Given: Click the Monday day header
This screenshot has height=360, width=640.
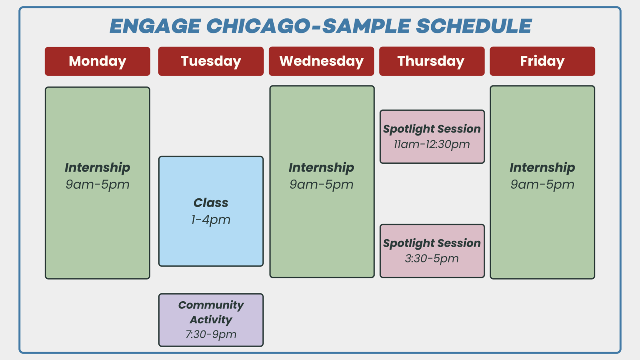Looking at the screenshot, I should [x=97, y=61].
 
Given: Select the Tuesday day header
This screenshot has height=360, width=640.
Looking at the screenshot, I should [x=211, y=61].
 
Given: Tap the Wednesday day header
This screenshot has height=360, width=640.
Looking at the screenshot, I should [x=321, y=61].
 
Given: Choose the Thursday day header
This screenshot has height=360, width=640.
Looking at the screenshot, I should [x=431, y=61].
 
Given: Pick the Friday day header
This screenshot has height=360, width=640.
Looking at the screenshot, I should [x=542, y=61].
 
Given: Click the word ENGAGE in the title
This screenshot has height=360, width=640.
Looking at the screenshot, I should [x=155, y=26].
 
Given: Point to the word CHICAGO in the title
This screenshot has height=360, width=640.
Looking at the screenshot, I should [x=258, y=26].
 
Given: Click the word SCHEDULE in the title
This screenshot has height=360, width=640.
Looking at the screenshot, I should [x=474, y=26].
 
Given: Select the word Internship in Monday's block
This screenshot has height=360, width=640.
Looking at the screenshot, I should [x=97, y=167].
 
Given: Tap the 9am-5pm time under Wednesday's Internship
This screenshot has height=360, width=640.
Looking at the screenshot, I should [x=321, y=185].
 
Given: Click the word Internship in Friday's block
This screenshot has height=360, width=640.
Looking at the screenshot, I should [x=542, y=167].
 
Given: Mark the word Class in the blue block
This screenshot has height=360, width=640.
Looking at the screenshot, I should [x=211, y=203].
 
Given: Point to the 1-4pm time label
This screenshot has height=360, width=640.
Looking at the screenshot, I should [x=211, y=220].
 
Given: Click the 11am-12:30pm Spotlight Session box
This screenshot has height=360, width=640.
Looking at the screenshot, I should [x=432, y=137].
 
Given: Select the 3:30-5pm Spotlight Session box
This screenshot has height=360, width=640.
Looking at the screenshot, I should [x=432, y=251].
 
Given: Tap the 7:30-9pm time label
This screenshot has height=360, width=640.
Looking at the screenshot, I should [x=211, y=334].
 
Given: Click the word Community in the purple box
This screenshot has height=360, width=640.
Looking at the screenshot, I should [x=211, y=305].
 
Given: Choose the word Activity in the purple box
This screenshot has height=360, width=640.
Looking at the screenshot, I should [x=211, y=320].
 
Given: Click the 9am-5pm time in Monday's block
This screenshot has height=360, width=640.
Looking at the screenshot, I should [x=97, y=185].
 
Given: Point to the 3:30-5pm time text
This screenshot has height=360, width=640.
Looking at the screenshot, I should [x=432, y=259].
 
